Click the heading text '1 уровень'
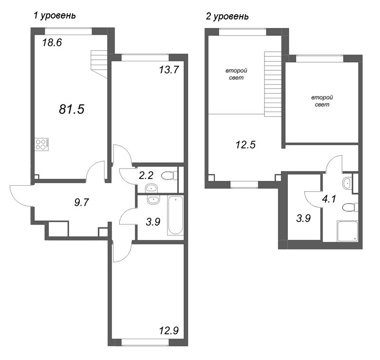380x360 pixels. click(x=55, y=16)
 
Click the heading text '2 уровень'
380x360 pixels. click(x=227, y=17)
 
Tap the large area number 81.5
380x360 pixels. click(x=71, y=109)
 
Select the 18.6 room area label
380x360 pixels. click(x=52, y=42)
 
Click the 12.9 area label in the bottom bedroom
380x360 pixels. click(x=170, y=330)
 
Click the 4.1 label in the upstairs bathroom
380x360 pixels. click(x=329, y=199)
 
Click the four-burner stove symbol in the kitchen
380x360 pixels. click(x=42, y=144)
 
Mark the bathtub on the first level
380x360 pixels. click(x=175, y=216)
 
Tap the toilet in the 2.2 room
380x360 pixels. click(x=169, y=176)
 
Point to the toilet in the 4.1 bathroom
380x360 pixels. click(x=350, y=207)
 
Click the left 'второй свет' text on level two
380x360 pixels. click(x=236, y=75)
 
